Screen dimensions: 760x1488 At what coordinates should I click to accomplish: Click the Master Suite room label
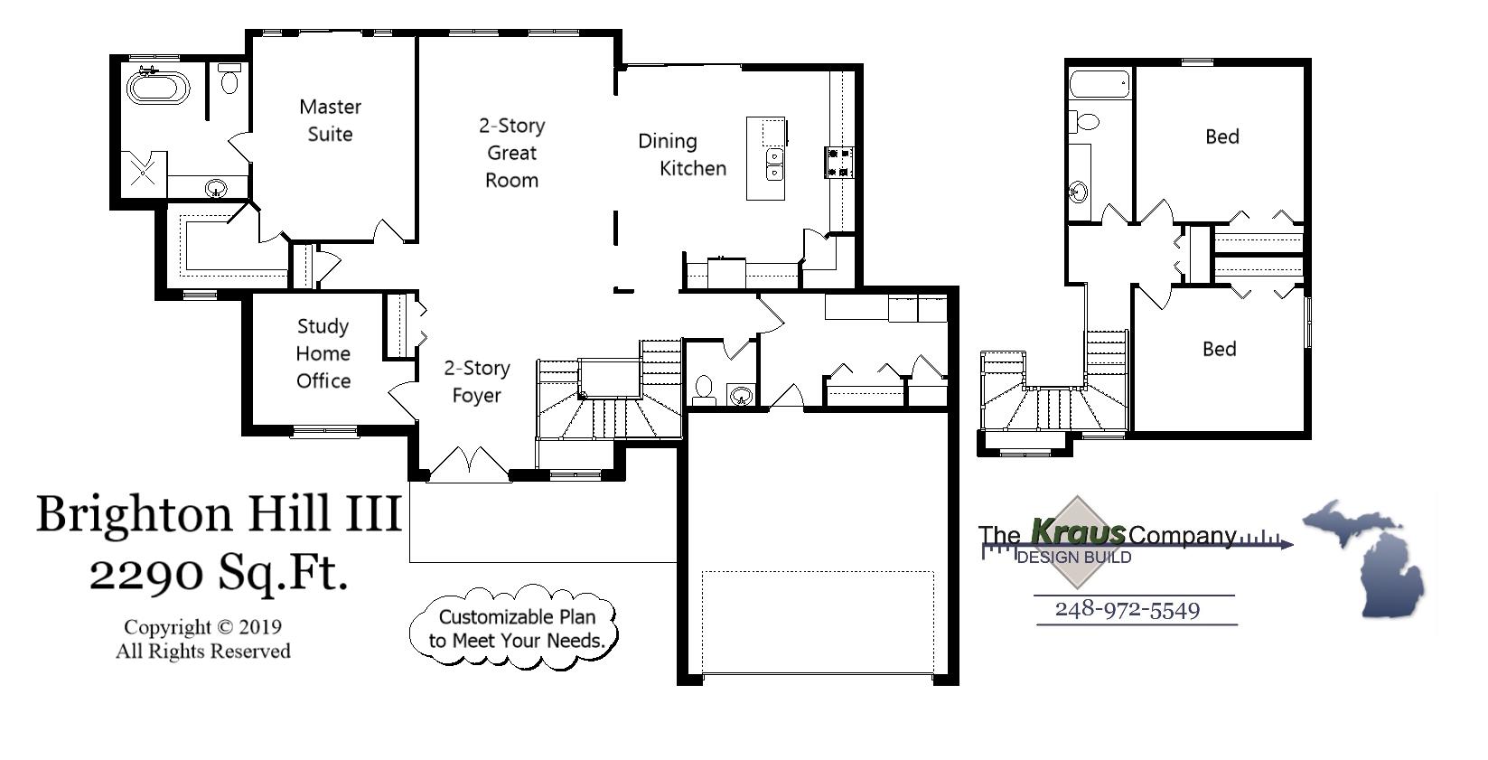click(330, 120)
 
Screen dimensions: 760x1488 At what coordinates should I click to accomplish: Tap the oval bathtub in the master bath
click(158, 88)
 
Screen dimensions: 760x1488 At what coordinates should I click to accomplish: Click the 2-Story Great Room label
click(511, 153)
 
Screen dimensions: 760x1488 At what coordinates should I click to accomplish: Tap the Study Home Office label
click(323, 353)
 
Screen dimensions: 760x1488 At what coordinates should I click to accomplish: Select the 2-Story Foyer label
click(476, 381)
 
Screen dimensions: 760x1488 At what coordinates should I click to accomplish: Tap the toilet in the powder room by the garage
click(704, 391)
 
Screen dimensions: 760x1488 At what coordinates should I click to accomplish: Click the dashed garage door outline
click(818, 622)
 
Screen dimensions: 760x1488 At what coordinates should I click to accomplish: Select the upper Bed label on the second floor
click(1221, 136)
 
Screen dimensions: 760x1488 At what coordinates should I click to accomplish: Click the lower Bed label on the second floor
click(1219, 349)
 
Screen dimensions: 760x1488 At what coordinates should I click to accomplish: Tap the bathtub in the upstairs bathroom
click(1100, 85)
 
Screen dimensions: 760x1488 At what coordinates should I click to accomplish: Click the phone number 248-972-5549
click(1127, 609)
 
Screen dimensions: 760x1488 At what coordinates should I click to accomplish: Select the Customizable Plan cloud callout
click(516, 628)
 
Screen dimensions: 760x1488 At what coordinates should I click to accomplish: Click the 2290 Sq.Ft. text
click(219, 572)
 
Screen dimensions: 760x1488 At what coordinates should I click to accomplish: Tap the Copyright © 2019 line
click(202, 627)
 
